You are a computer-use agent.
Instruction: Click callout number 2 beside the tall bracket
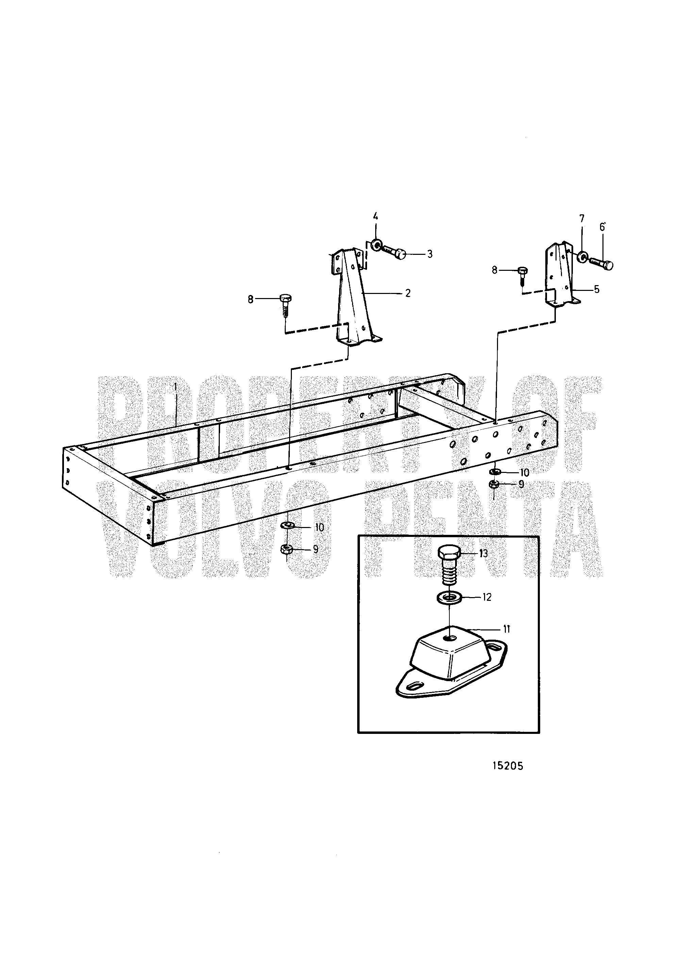[x=408, y=293]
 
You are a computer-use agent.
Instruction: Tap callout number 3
[x=429, y=254]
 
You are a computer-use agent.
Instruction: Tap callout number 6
[x=602, y=227]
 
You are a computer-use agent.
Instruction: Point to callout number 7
[x=582, y=218]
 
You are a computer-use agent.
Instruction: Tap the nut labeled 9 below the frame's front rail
[x=286, y=549]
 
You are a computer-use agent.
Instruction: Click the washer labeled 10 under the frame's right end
[x=496, y=471]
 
